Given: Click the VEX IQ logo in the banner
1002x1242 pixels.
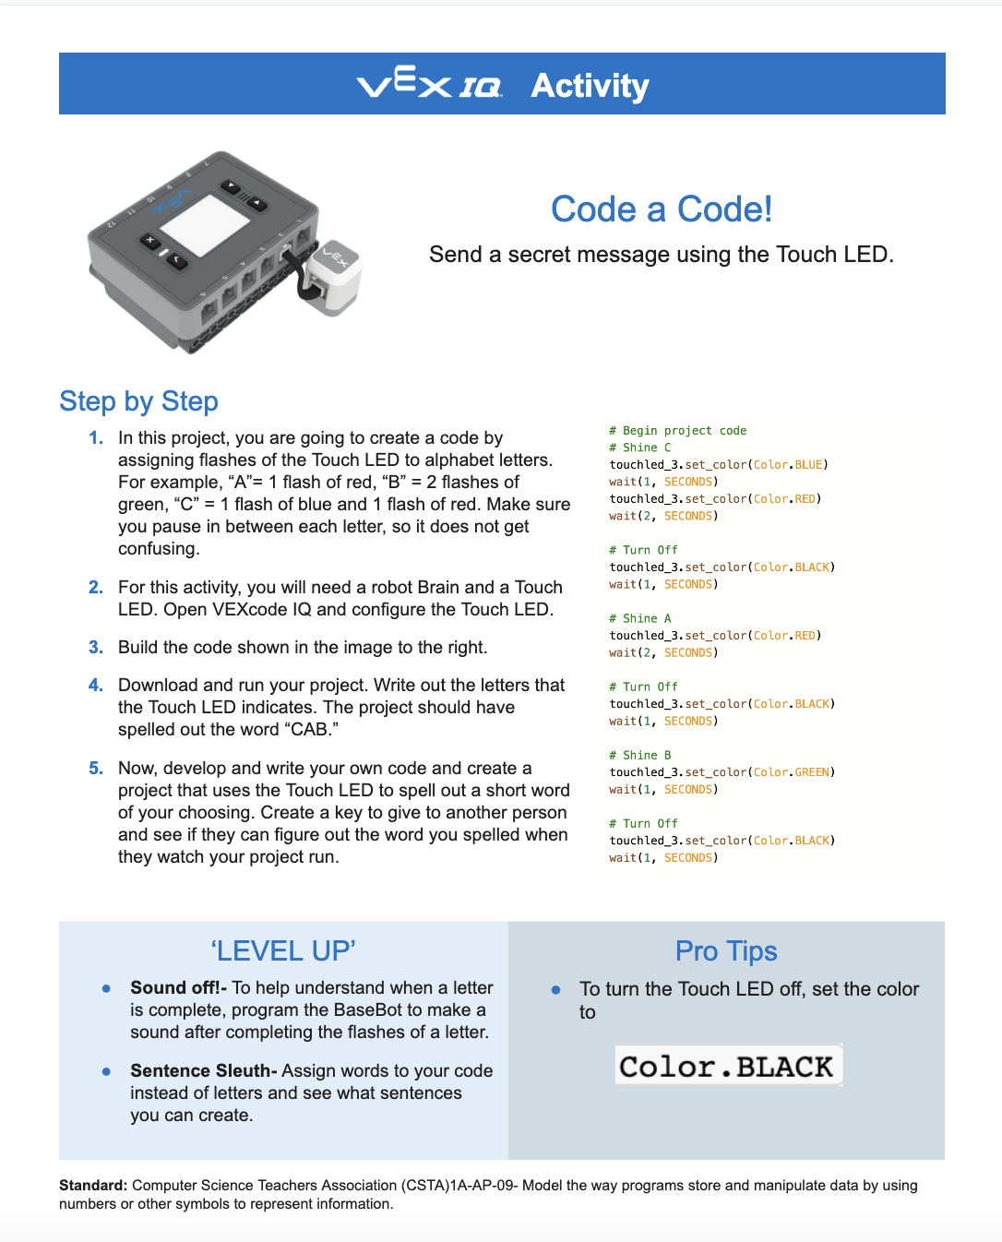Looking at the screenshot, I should (429, 85).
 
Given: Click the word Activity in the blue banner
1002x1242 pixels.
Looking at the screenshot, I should (590, 86).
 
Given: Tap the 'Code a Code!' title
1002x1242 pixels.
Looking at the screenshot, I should (661, 209).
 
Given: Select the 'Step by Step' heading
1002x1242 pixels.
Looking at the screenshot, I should (138, 401).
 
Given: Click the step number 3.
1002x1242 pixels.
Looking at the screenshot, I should (96, 648).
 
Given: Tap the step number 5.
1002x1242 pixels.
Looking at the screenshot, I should (96, 769).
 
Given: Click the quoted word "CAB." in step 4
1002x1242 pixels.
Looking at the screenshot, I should (309, 730).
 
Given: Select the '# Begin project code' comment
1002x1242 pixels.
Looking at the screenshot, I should (677, 431).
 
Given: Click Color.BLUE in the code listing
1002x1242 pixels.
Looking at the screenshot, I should (790, 465).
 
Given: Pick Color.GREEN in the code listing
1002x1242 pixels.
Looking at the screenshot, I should (793, 772).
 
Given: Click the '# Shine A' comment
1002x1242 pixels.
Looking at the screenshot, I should (639, 618).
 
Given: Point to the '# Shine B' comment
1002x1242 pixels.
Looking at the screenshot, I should (639, 755).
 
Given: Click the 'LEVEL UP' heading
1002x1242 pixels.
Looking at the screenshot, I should (283, 951).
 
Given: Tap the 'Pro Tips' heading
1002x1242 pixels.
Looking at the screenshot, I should (726, 951).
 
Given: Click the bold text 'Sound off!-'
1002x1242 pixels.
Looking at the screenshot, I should (178, 988).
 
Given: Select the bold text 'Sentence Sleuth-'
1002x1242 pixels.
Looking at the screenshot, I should (203, 1071).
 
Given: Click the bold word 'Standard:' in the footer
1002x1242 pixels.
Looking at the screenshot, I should (93, 1186).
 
